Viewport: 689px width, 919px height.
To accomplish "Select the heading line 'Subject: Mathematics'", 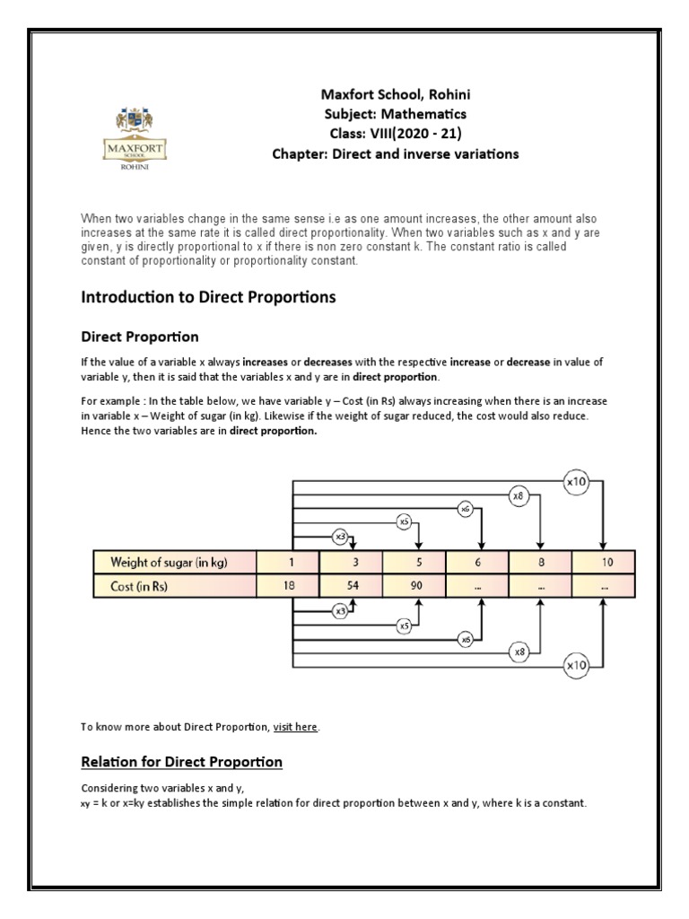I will click(x=395, y=114).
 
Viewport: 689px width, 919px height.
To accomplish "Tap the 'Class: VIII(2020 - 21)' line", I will click(x=395, y=134).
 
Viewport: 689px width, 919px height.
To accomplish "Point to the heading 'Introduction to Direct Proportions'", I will click(x=208, y=297).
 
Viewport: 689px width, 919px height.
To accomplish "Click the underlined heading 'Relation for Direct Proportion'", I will click(x=181, y=762).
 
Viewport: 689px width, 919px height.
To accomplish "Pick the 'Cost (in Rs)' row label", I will click(x=143, y=586).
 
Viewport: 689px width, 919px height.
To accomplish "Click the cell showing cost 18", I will click(x=288, y=586).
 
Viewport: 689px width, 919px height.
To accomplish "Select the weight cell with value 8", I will click(x=540, y=563).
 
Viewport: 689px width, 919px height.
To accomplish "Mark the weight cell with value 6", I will click(x=478, y=563).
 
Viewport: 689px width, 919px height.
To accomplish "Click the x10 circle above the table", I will click(x=576, y=481).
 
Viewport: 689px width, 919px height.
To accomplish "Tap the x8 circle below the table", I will click(x=519, y=651).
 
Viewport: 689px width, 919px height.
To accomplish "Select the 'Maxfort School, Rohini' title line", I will click(x=395, y=94).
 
